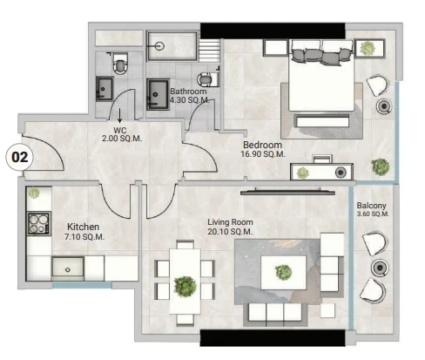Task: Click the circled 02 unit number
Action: tap(19, 157)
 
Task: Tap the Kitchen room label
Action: tap(83, 227)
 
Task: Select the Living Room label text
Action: tap(230, 222)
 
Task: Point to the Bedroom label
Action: tap(262, 145)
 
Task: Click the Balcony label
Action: tap(371, 206)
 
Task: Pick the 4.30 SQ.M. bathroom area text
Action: tap(190, 100)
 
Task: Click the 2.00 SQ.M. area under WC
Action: tap(122, 139)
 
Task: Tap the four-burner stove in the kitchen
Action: tap(39, 223)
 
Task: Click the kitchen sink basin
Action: tap(68, 268)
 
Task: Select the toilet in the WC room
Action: tap(120, 64)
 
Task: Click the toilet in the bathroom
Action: tap(208, 78)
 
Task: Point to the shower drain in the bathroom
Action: tap(159, 46)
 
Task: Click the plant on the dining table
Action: tap(185, 286)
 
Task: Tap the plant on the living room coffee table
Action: tap(283, 272)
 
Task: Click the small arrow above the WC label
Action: tap(119, 115)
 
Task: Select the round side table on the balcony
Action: tap(379, 267)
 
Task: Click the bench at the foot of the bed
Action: tap(322, 121)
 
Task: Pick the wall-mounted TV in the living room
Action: tap(287, 192)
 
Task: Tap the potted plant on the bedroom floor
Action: tap(380, 166)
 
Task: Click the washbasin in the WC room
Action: tap(105, 89)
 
